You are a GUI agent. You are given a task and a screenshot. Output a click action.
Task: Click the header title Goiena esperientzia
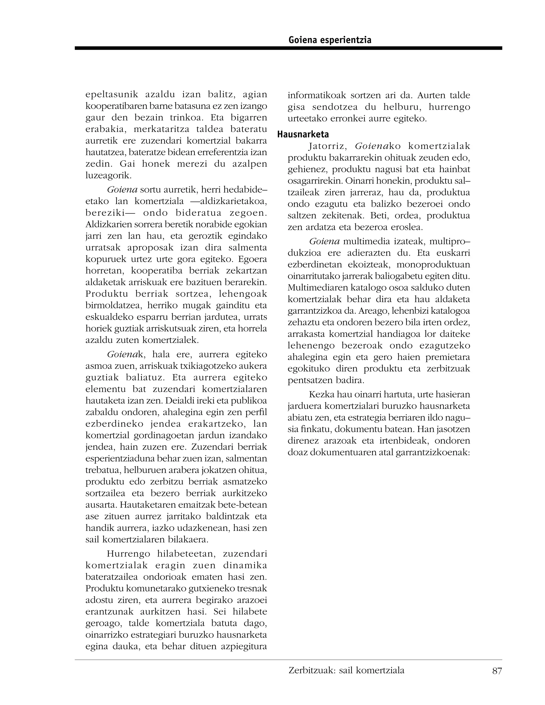click(x=330, y=40)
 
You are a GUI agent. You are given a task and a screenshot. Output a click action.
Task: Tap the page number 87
click(x=497, y=671)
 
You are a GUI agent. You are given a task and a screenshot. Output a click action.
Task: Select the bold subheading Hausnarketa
click(x=303, y=134)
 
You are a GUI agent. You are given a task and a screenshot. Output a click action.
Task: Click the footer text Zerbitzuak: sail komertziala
click(x=346, y=670)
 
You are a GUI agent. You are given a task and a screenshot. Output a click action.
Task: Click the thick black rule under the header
click(x=288, y=48)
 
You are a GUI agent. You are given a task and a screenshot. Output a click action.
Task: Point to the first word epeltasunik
click(x=112, y=95)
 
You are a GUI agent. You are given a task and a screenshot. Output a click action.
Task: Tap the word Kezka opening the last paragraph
click(x=321, y=395)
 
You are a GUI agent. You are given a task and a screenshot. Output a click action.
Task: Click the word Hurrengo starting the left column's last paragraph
click(x=128, y=554)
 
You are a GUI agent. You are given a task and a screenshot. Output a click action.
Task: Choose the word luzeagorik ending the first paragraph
click(x=108, y=176)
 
